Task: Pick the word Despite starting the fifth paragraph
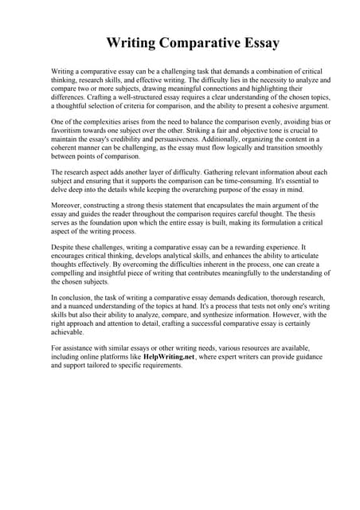coord(66,248)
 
